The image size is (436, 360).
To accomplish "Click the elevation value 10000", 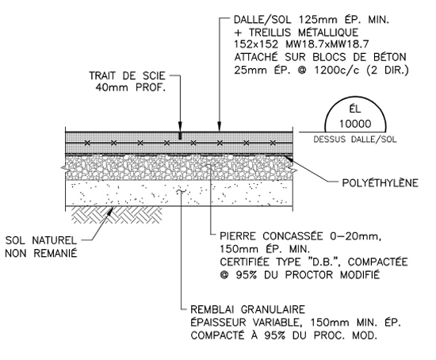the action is coord(355,124).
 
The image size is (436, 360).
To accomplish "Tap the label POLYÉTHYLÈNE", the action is coord(380,183).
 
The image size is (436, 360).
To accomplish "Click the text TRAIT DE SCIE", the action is coord(127,75).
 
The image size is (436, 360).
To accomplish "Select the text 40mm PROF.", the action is coord(131,88).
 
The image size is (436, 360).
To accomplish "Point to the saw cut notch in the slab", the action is coord(180,136).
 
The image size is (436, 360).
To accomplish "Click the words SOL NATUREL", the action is coord(41,240).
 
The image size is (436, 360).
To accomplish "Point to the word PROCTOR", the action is coord(309,275).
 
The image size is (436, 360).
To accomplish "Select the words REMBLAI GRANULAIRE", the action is coord(248,309).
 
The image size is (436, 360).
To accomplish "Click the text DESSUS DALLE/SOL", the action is coord(355,139).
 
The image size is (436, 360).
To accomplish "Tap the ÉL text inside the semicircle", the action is coord(355,109).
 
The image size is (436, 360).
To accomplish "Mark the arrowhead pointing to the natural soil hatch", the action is coord(111,211).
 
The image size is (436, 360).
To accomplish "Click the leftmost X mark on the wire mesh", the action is coord(87,143).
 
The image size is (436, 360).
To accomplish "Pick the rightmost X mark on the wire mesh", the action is coord(273,143).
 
